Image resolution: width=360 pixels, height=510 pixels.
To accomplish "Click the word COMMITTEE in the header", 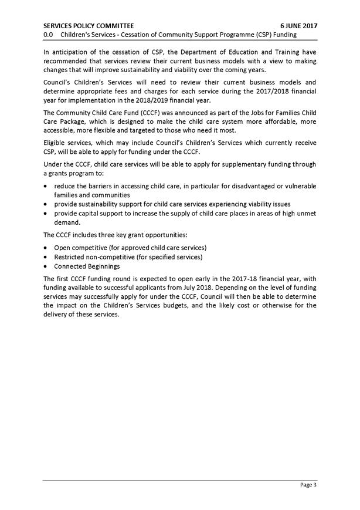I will (x=115, y=26).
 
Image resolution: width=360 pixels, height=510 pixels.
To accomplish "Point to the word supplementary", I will (x=241, y=164).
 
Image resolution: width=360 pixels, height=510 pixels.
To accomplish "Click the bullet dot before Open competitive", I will (x=46, y=248).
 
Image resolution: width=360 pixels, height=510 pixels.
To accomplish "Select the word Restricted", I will (x=70, y=257).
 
